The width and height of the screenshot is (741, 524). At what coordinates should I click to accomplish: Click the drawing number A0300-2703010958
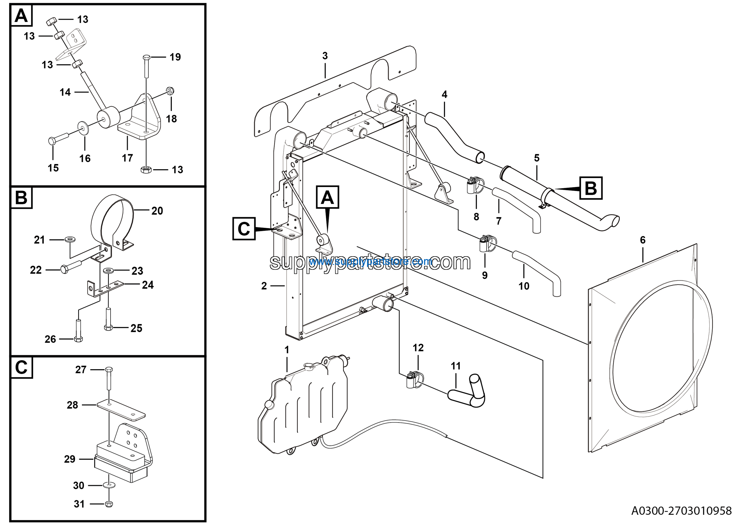[x=681, y=511]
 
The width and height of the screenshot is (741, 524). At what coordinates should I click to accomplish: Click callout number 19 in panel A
[x=175, y=57]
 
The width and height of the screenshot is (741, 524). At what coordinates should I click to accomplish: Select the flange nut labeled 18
[x=170, y=91]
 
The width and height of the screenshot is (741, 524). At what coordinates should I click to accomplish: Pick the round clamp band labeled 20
[x=112, y=220]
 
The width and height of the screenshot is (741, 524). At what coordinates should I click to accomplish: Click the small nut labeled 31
[x=109, y=504]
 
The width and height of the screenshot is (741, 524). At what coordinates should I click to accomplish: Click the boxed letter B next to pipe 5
[x=590, y=188]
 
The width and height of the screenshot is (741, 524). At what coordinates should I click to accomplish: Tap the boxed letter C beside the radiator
[x=244, y=229]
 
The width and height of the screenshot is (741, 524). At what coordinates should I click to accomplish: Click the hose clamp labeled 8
[x=475, y=186]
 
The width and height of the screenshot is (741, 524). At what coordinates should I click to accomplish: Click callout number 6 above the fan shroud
[x=643, y=240]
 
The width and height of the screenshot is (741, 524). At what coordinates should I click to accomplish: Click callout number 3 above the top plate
[x=325, y=56]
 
